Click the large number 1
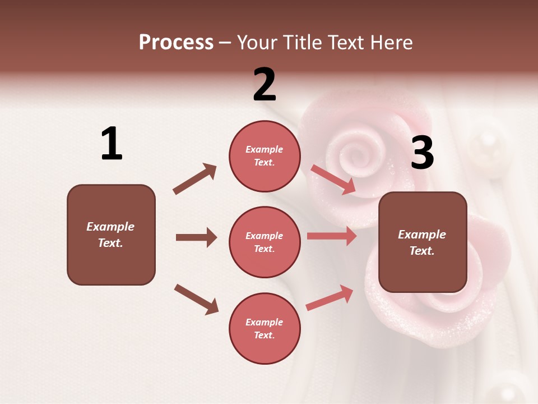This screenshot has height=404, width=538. tap(112, 144)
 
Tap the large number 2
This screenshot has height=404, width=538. tap(265, 85)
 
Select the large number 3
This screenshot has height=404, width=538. tap(422, 153)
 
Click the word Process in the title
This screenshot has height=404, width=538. tap(176, 42)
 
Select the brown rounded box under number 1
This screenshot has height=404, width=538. tap(111, 235)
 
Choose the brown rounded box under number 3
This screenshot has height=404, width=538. tap(423, 242)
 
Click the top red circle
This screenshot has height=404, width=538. tap(265, 156)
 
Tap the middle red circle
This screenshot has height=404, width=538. tap(265, 242)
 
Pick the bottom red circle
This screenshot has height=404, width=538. tap(265, 328)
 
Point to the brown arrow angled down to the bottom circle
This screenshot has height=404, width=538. tap(196, 299)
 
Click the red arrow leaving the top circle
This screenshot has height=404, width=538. tap(333, 179)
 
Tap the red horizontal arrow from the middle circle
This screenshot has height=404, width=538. tap(332, 236)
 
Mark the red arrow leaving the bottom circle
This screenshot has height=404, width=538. tap(330, 298)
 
